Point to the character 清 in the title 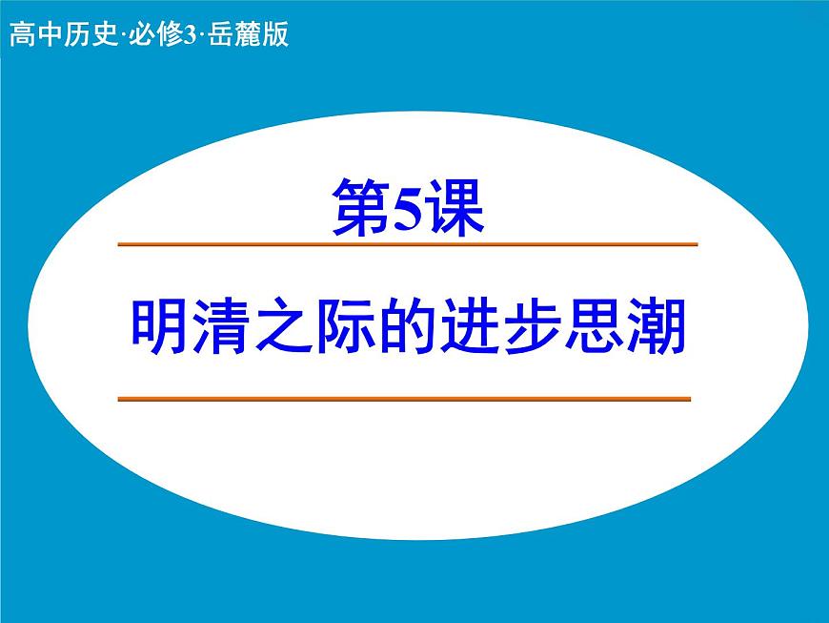click(223, 327)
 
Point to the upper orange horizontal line click(408, 245)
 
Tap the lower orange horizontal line click(404, 399)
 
